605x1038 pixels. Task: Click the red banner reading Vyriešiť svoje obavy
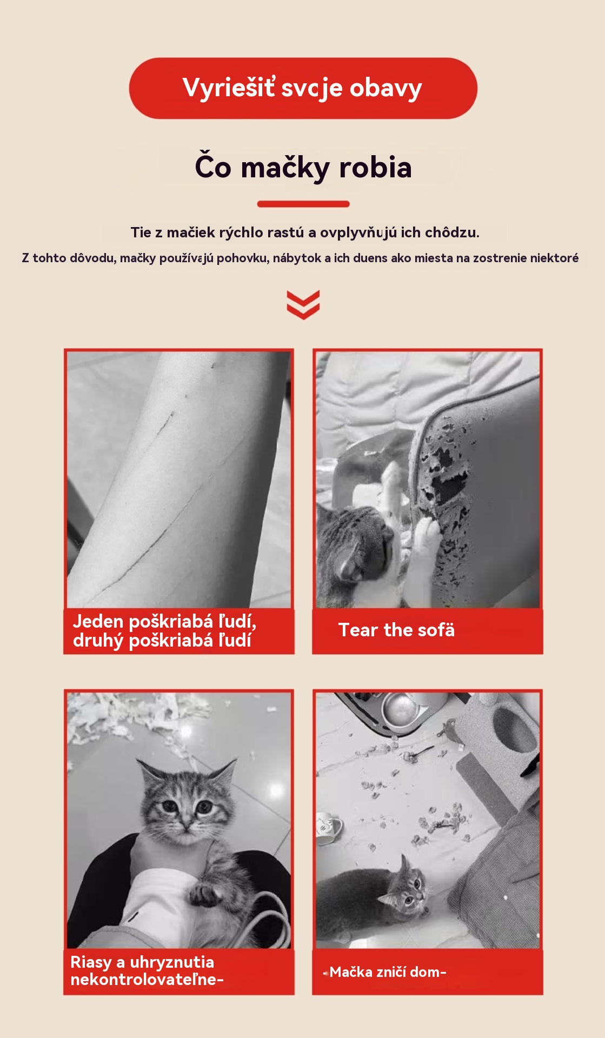[303, 88]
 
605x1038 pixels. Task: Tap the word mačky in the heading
[285, 168]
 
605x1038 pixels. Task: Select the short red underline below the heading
[303, 204]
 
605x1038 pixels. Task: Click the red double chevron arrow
[303, 305]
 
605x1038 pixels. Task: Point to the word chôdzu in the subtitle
[452, 232]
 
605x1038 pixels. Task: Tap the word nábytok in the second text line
[297, 258]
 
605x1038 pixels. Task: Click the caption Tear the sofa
[396, 630]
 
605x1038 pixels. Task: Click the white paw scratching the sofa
[427, 535]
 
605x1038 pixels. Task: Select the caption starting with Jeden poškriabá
[164, 631]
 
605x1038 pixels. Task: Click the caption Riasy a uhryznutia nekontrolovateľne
[147, 970]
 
